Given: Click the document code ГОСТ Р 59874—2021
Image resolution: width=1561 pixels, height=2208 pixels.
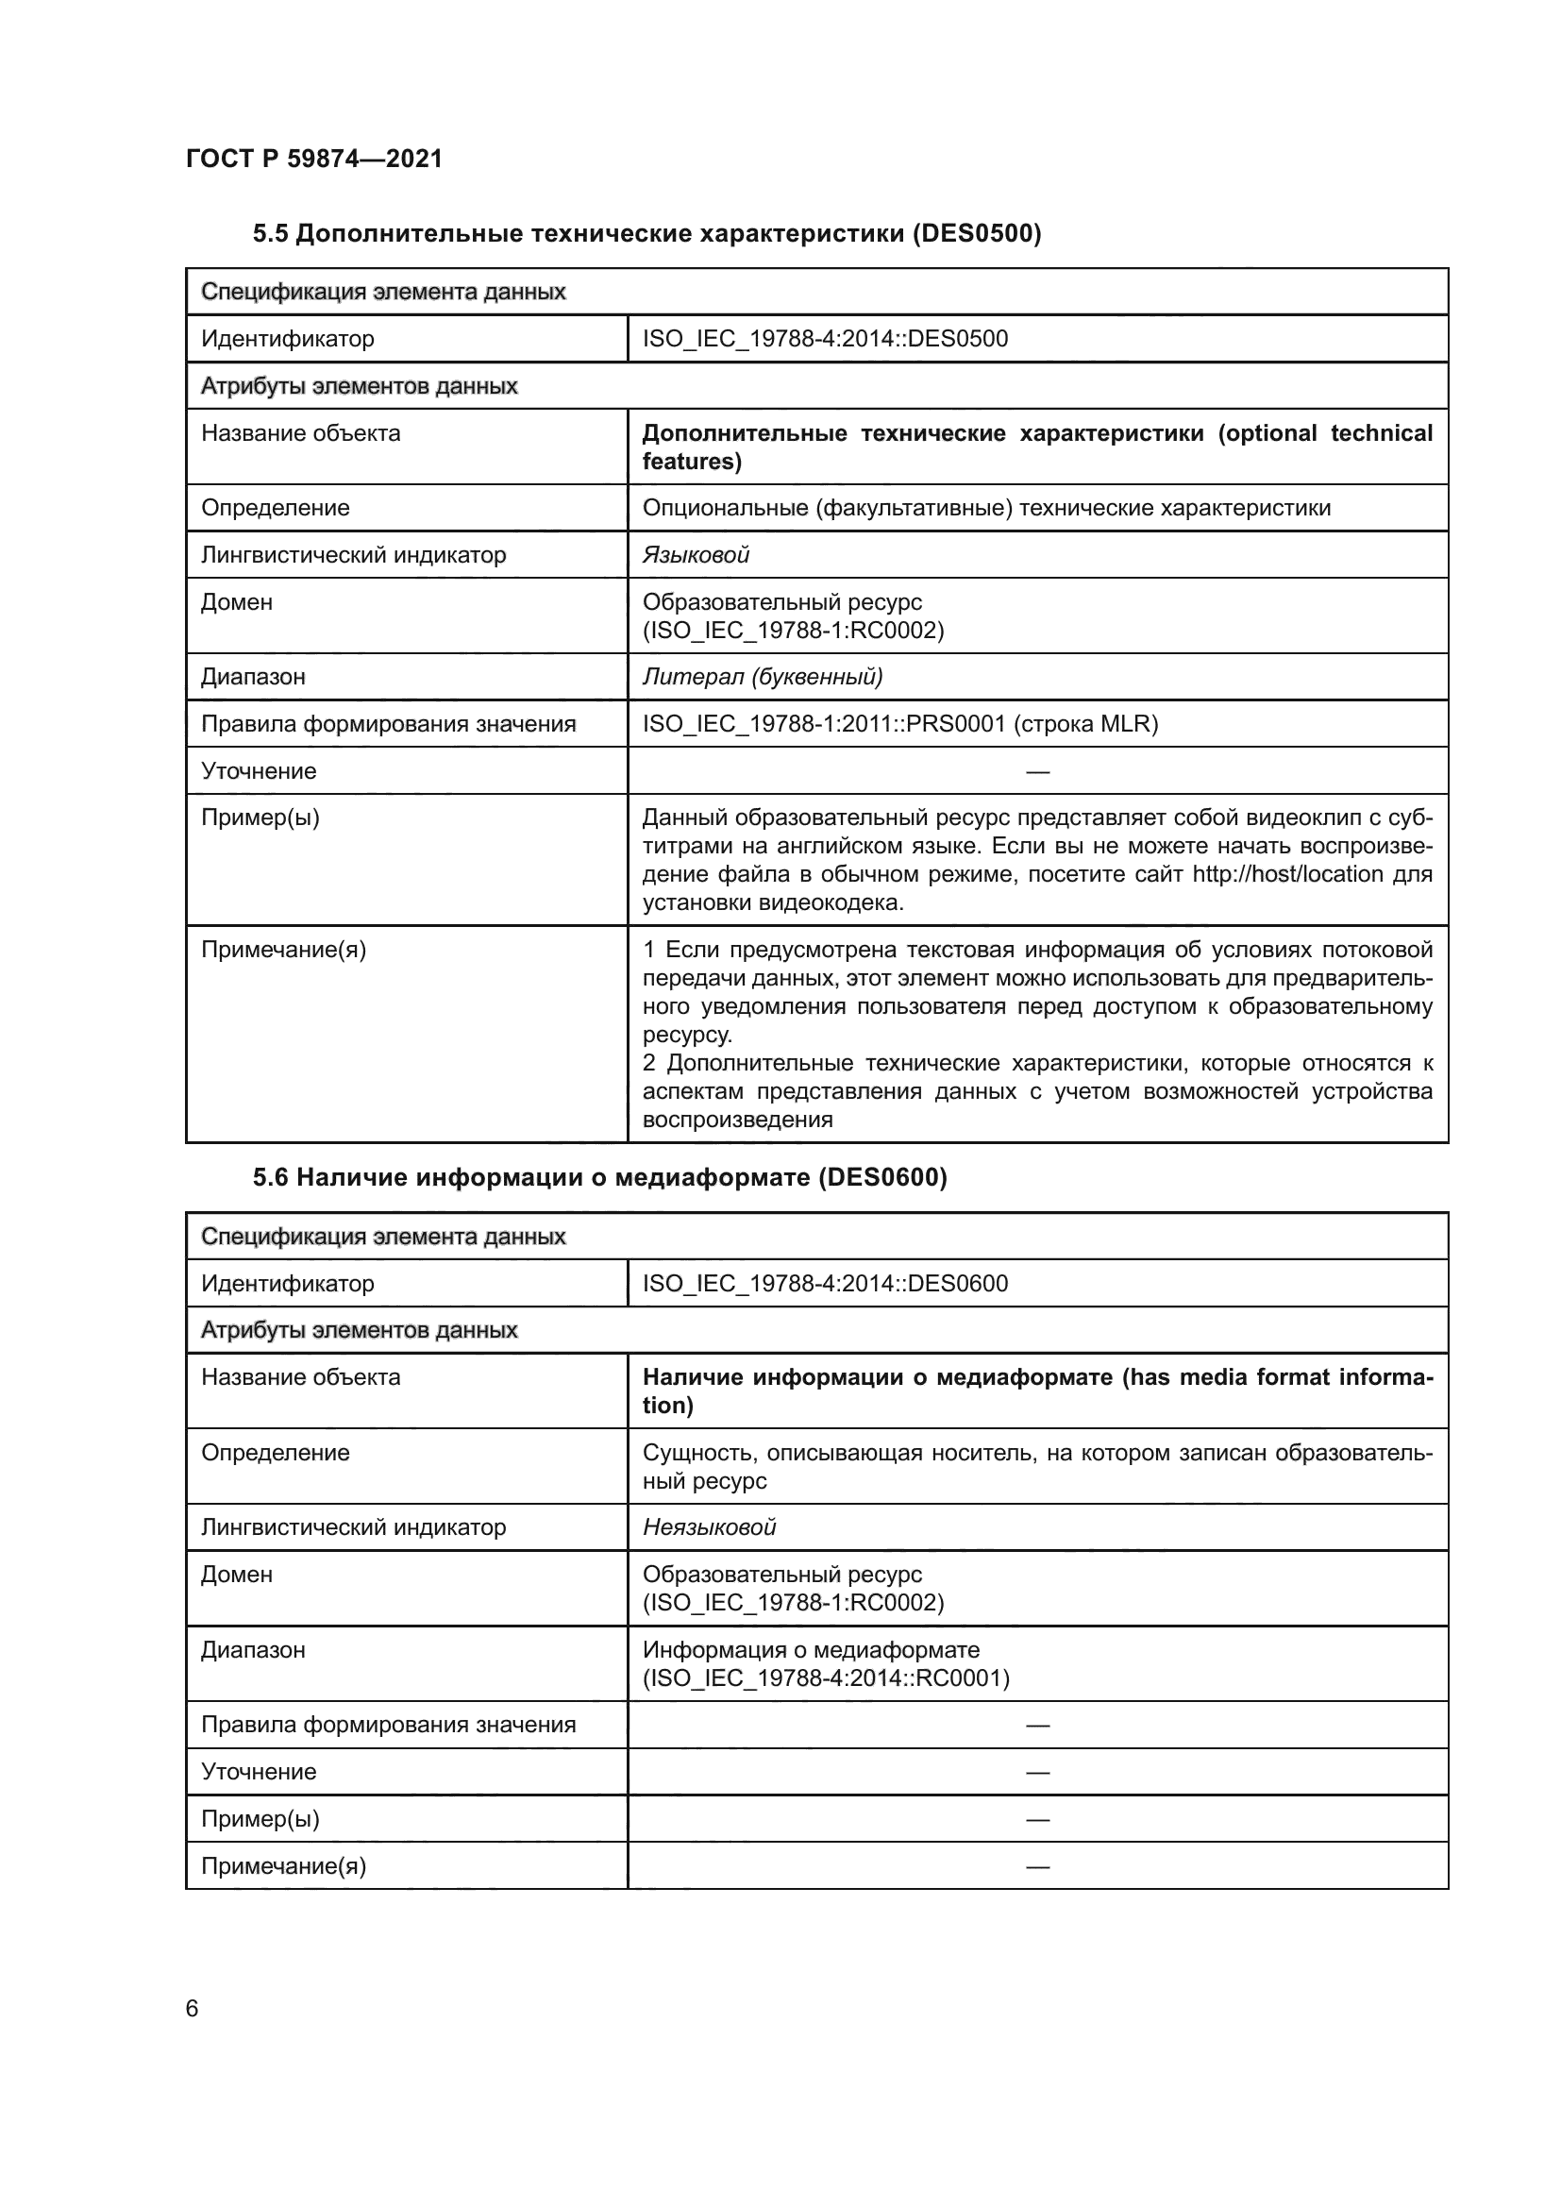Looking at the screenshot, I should (314, 159).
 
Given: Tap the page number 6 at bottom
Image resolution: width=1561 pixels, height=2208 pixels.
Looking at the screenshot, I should (193, 2008).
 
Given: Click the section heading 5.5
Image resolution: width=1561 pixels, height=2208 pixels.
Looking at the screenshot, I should (646, 234).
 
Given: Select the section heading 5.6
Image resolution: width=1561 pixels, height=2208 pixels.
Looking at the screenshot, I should (600, 1177).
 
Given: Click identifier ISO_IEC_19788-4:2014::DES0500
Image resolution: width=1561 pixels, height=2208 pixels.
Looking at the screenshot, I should (825, 339).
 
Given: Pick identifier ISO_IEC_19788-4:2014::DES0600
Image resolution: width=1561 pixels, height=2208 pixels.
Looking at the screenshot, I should (825, 1283).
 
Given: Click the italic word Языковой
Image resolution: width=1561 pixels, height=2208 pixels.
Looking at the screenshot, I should (695, 555).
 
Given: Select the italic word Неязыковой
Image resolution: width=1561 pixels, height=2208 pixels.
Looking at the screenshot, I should (709, 1527).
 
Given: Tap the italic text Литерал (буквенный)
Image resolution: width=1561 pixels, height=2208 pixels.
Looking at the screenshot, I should (763, 677).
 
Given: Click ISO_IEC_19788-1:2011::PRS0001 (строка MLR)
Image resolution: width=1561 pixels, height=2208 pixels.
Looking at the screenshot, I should (899, 724).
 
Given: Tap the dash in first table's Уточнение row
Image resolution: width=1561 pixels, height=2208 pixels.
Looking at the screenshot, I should (1037, 771).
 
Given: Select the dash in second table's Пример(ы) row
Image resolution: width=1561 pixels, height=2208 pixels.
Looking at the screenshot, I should (1037, 1819).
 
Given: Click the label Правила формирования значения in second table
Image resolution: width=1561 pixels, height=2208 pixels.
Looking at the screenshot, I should (388, 1726).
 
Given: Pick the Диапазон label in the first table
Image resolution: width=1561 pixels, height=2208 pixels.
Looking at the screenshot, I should (253, 677).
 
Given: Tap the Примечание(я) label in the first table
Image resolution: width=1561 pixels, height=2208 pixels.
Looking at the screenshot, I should (283, 951).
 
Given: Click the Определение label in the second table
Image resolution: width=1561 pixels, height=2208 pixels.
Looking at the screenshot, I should (275, 1452).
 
